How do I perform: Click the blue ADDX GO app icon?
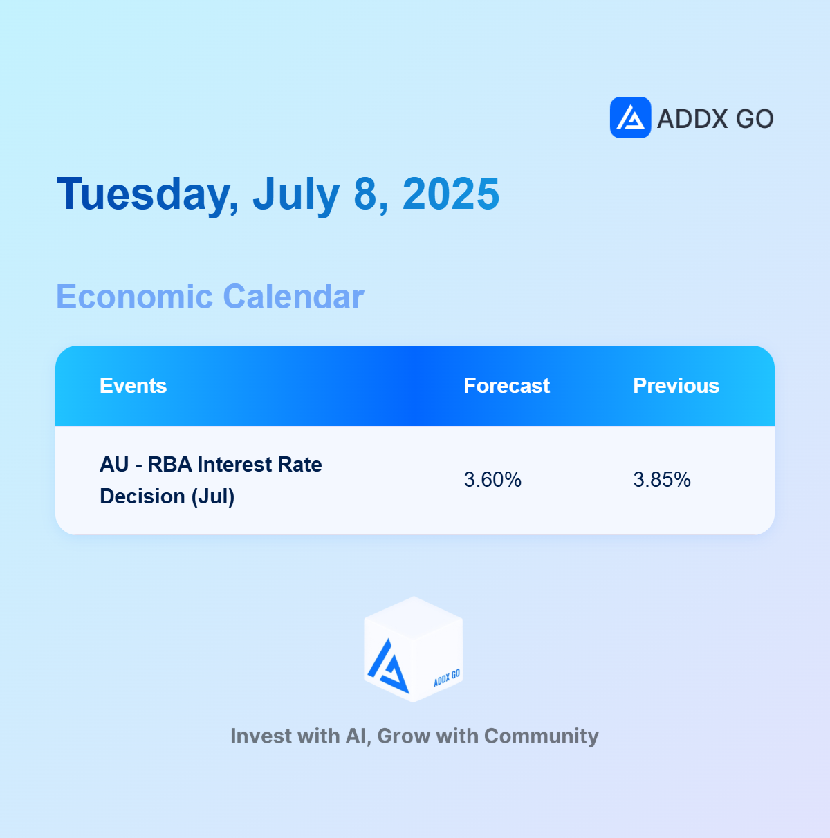tap(630, 118)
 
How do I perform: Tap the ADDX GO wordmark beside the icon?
tap(715, 119)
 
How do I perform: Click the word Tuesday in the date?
tap(147, 194)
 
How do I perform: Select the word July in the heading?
tap(296, 194)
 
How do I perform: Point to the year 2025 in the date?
tap(450, 194)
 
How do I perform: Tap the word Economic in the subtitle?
tap(134, 297)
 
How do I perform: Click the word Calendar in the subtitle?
tap(293, 297)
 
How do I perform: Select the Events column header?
tap(133, 386)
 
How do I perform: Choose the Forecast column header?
tap(506, 386)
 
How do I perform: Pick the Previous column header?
tap(676, 386)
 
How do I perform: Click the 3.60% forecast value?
tap(492, 480)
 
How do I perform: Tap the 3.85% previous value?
tap(661, 480)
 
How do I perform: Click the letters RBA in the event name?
tap(169, 465)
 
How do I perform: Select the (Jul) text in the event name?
tap(213, 497)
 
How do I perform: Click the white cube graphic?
tap(413, 649)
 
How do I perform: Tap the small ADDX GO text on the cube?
tap(447, 678)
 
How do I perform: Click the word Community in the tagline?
tap(541, 736)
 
